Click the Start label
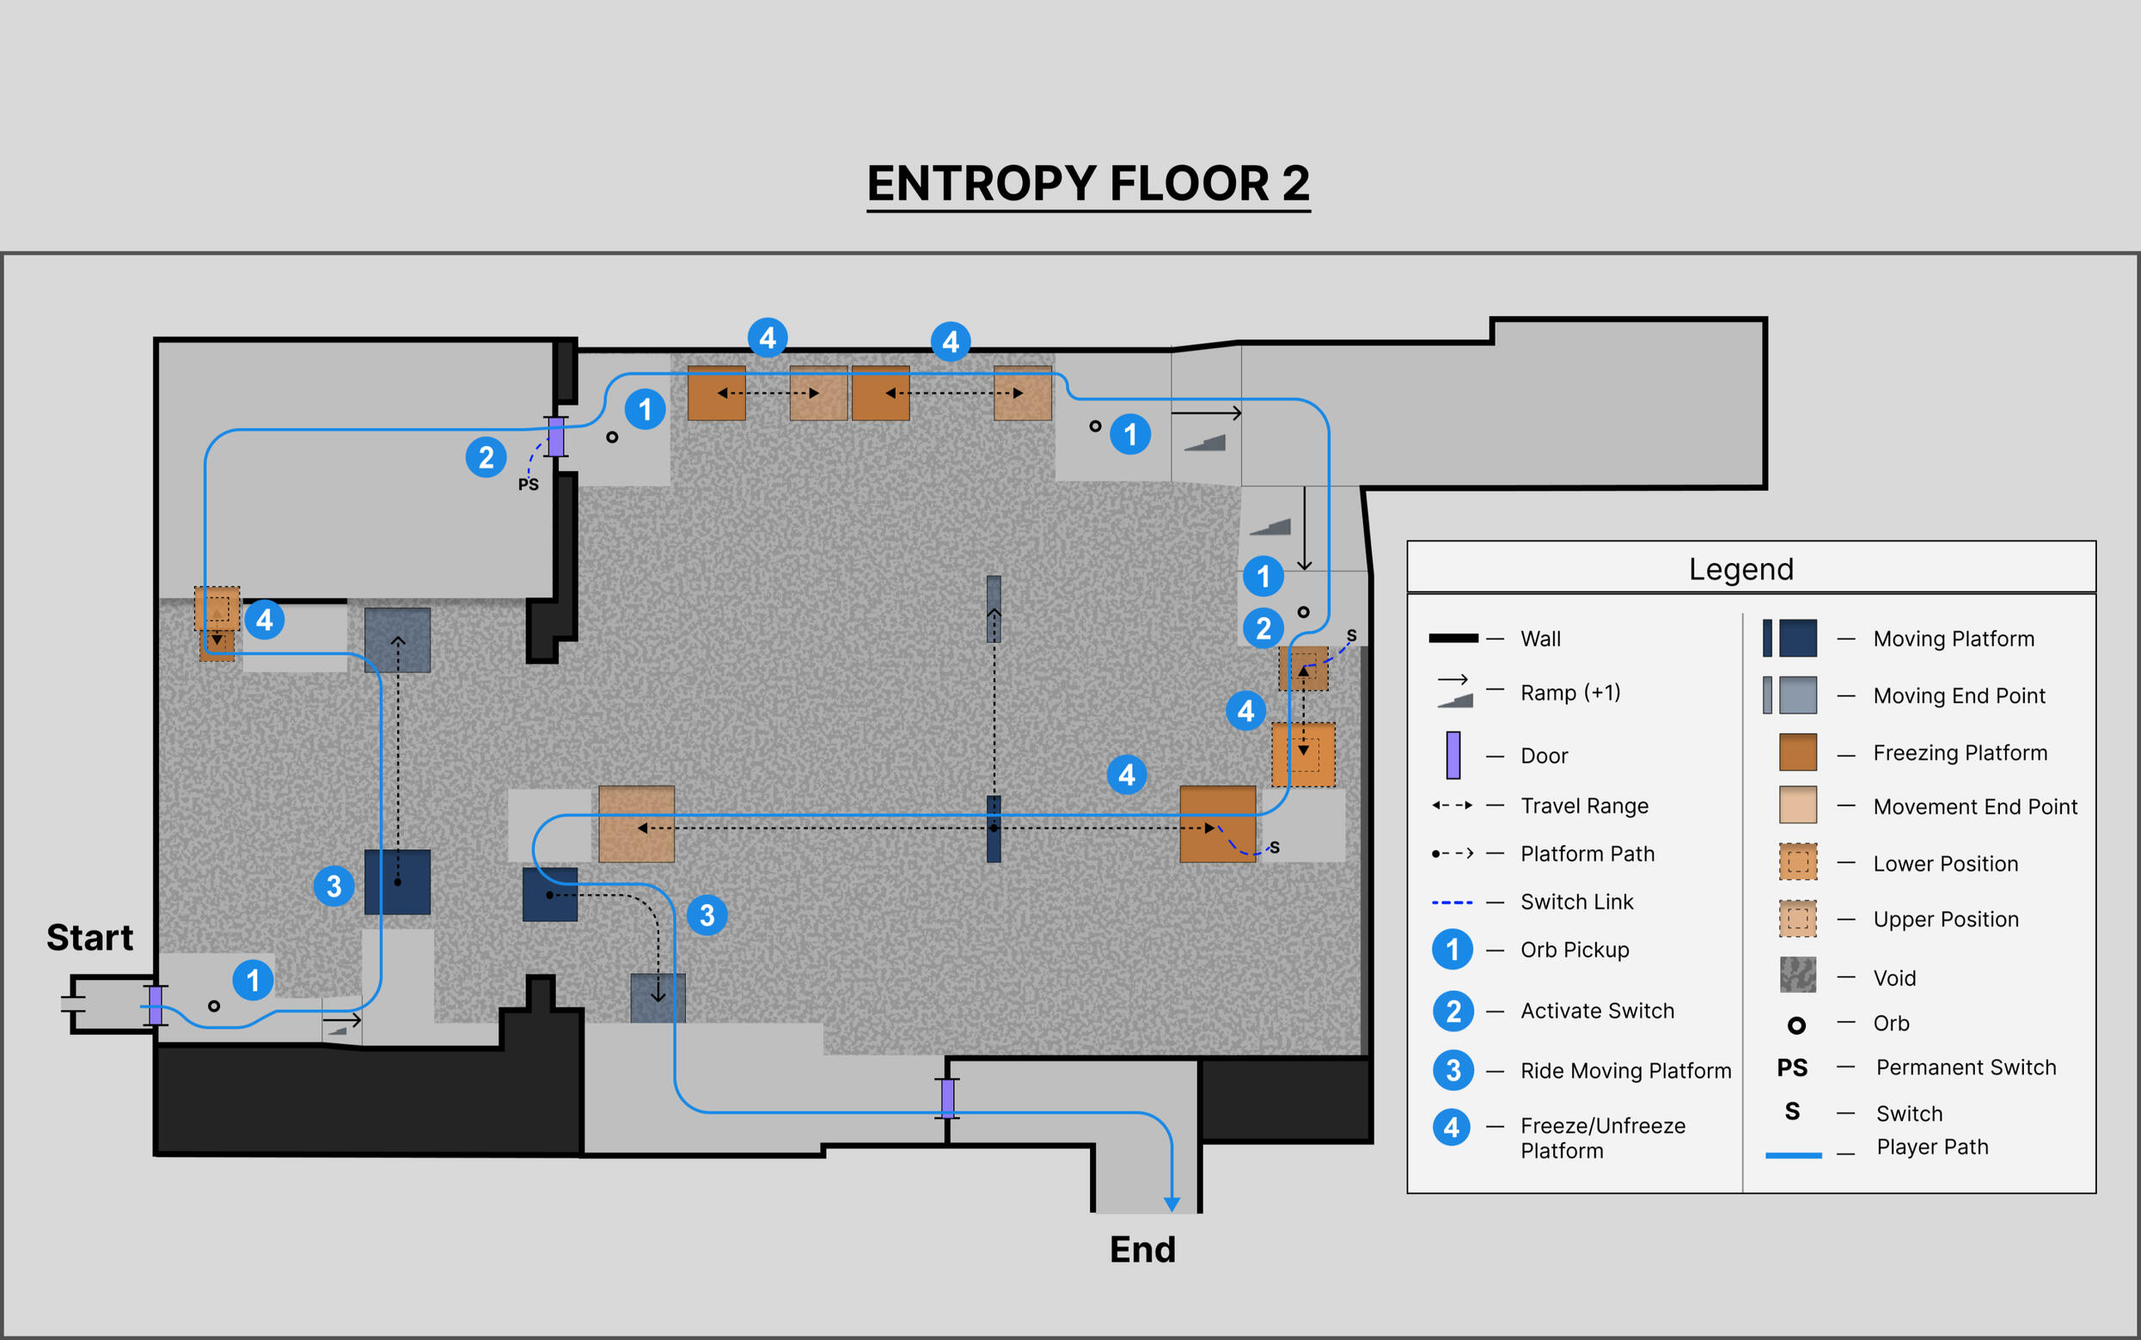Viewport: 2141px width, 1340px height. point(89,938)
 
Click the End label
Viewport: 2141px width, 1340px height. point(1142,1250)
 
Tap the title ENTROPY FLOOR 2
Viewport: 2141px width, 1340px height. point(1087,183)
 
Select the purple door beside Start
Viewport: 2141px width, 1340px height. point(156,1005)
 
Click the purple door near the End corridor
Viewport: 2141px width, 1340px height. point(947,1098)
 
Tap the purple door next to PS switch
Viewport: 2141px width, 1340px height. point(555,436)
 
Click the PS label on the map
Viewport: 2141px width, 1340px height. point(529,485)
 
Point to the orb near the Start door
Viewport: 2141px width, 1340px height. point(213,1006)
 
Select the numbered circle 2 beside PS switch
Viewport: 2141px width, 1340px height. point(486,457)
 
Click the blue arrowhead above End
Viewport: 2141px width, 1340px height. point(1171,1204)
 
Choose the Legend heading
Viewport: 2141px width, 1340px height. point(1740,569)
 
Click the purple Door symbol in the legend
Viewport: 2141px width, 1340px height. point(1453,755)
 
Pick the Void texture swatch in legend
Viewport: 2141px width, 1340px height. point(1797,975)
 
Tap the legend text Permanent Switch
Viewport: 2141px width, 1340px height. point(1966,1067)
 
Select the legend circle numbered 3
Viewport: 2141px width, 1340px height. point(1453,1071)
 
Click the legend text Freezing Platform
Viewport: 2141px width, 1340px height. point(1960,752)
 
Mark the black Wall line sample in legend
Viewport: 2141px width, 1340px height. point(1453,638)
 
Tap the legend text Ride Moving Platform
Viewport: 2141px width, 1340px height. point(1625,1071)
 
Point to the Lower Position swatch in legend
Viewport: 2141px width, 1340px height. point(1797,861)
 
